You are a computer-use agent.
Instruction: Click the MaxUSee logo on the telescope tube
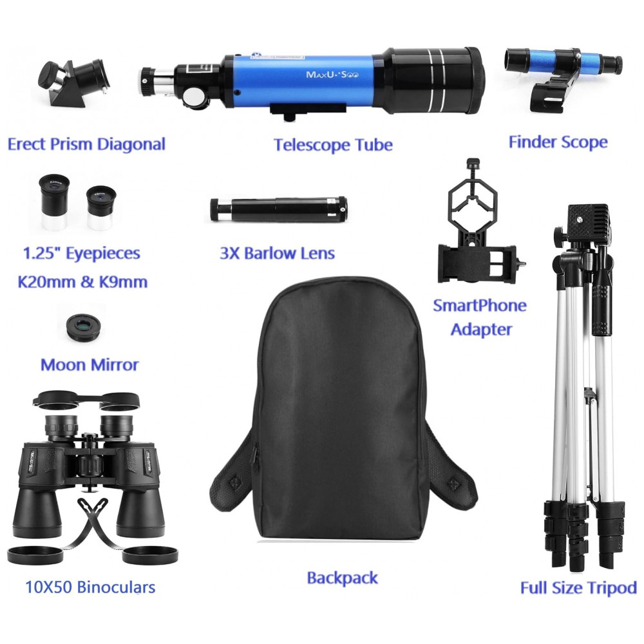coord(332,75)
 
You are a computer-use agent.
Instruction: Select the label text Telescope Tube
coord(333,144)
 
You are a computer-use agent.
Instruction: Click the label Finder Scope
coord(558,142)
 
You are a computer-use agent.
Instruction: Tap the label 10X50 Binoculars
coord(90,587)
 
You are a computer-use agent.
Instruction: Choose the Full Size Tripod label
coord(578,588)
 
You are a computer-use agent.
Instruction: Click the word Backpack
coord(342,578)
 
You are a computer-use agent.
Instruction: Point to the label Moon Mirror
coord(90,365)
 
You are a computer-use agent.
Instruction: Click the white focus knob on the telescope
coord(194,98)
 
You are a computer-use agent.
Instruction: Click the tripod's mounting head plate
coord(588,220)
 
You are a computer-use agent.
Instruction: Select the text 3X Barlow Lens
coord(277,253)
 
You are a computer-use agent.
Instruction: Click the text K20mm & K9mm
coord(82,282)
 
